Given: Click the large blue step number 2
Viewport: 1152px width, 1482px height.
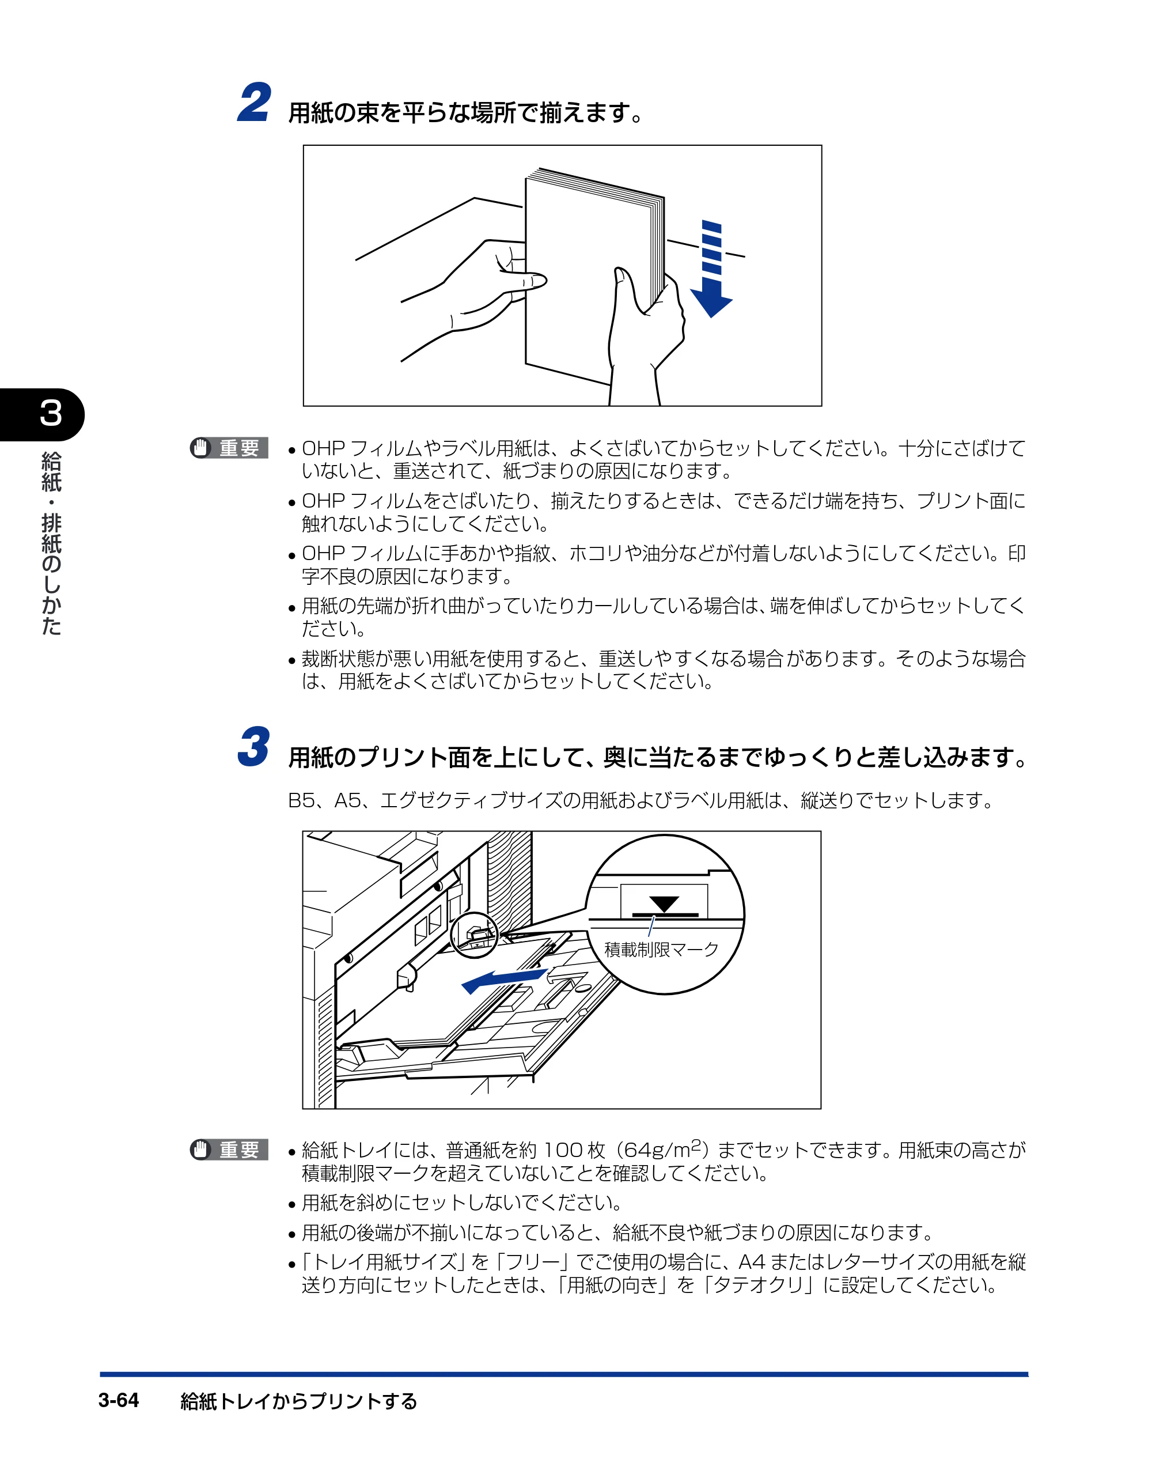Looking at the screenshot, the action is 255,103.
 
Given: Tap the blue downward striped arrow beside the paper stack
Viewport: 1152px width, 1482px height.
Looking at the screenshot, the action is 711,269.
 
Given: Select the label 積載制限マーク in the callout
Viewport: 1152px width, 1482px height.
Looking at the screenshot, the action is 661,948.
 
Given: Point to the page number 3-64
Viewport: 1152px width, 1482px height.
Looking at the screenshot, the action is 119,1400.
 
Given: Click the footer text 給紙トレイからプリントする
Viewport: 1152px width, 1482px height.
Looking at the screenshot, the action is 298,1401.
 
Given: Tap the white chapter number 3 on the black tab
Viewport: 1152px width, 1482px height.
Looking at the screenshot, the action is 51,413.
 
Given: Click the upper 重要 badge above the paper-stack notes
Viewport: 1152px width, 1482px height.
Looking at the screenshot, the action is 229,448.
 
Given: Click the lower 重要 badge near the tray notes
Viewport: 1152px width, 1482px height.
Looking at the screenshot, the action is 229,1150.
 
